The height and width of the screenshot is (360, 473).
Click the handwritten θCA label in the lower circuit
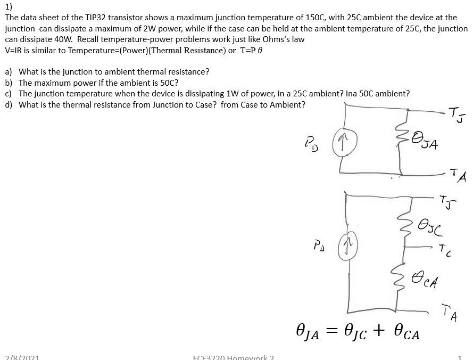click(x=427, y=277)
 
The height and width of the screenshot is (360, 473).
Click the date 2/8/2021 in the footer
click(x=21, y=357)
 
